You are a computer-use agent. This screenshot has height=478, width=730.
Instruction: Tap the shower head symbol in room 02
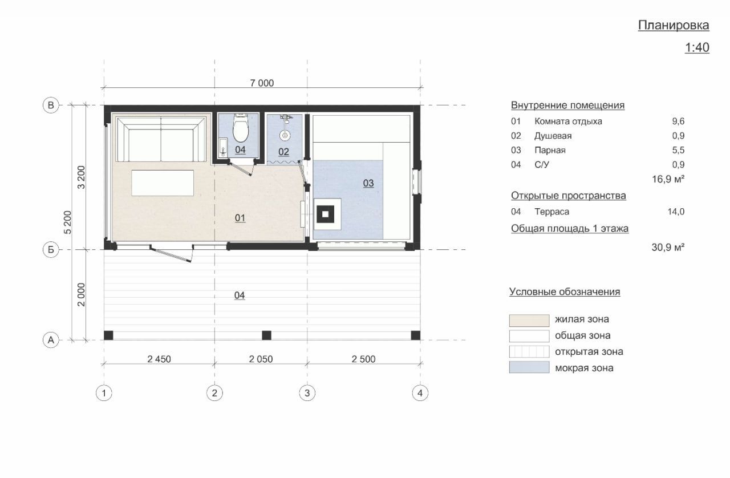click(x=285, y=135)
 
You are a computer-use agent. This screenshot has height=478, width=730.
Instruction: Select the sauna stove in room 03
click(x=325, y=214)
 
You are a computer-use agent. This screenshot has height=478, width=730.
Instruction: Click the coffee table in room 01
click(x=163, y=183)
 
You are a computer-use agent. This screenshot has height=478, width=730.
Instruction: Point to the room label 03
click(x=368, y=183)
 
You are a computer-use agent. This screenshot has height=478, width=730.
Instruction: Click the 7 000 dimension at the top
click(x=262, y=83)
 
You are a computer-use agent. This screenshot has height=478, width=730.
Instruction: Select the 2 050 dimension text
click(x=261, y=359)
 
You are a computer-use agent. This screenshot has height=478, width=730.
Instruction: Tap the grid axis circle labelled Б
click(x=51, y=250)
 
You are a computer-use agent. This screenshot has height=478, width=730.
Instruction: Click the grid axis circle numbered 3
click(x=307, y=393)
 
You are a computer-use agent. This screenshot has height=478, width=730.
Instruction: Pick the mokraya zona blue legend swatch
click(x=529, y=367)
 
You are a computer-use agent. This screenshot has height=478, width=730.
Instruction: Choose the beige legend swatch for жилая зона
click(x=529, y=320)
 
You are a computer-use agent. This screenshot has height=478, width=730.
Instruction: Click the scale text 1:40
click(x=697, y=47)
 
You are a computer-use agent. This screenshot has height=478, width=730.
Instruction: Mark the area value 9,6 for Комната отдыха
click(x=678, y=121)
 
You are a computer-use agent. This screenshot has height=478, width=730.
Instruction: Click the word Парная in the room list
click(x=550, y=151)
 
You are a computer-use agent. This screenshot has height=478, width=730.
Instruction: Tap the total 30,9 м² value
click(x=668, y=248)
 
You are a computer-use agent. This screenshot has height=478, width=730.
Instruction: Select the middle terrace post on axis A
click(x=266, y=335)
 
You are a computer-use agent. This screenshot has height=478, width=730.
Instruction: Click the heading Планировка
click(x=674, y=26)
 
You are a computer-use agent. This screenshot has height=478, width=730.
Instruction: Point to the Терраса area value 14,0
click(x=676, y=212)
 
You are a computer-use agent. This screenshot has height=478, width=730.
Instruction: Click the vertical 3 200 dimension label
click(x=81, y=177)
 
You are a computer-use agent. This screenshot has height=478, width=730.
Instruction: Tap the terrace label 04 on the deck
click(x=239, y=295)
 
